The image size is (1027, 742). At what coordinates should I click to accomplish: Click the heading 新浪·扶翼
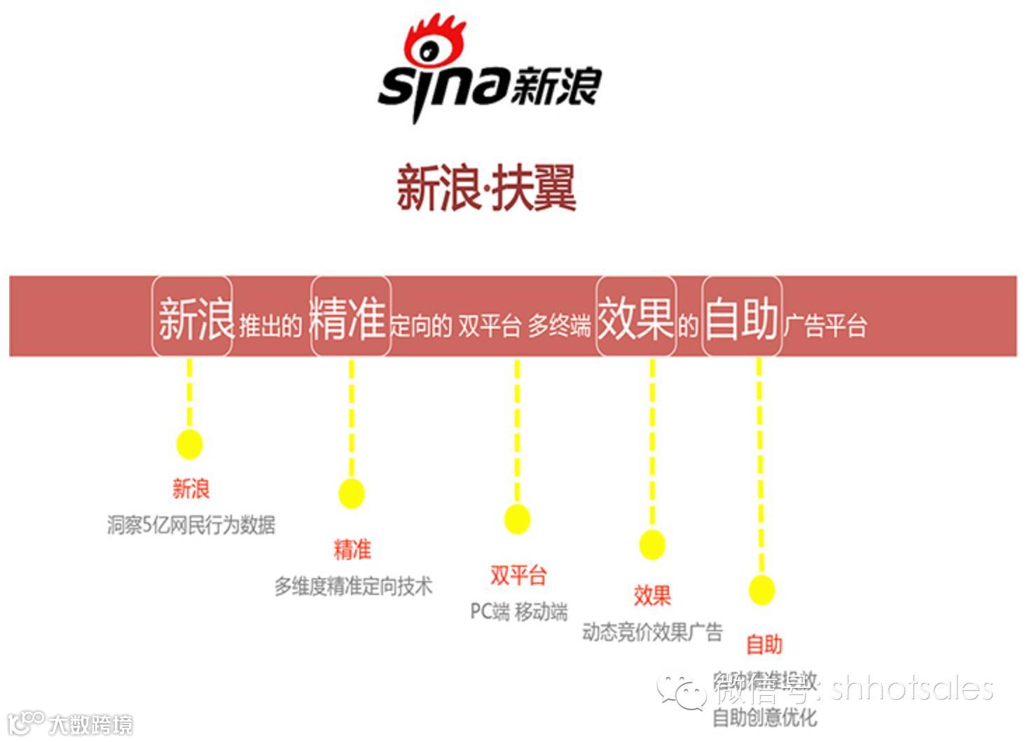pyautogui.click(x=486, y=188)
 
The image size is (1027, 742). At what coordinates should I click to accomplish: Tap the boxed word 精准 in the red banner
pyautogui.click(x=349, y=318)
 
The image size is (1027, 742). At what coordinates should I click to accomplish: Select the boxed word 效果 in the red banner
pyautogui.click(x=635, y=318)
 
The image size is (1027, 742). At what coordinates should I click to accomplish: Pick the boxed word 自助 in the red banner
pyautogui.click(x=742, y=318)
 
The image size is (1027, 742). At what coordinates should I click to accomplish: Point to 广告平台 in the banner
pyautogui.click(x=825, y=325)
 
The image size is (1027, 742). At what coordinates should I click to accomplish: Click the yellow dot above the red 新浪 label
pyautogui.click(x=189, y=444)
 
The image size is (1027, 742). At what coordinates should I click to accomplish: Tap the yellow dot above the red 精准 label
pyautogui.click(x=351, y=493)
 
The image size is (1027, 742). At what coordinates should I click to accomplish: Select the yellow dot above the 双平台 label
pyautogui.click(x=517, y=519)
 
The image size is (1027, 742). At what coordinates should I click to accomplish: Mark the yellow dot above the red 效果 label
pyautogui.click(x=652, y=545)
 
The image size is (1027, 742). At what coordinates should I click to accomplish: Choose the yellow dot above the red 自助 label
pyautogui.click(x=761, y=590)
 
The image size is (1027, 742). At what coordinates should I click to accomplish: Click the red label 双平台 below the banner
pyautogui.click(x=518, y=575)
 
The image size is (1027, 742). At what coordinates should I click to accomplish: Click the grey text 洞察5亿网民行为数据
pyautogui.click(x=191, y=524)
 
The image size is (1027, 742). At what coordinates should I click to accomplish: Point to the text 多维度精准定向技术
pyautogui.click(x=353, y=586)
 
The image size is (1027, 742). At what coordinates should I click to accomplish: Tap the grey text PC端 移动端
pyautogui.click(x=518, y=611)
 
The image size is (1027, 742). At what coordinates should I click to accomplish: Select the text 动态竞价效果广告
pyautogui.click(x=652, y=632)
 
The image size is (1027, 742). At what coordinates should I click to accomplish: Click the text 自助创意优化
pyautogui.click(x=764, y=717)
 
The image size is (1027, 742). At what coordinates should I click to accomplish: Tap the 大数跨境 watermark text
pyautogui.click(x=90, y=724)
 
